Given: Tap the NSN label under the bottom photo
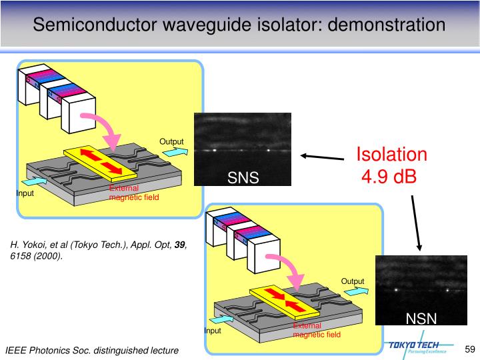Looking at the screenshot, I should (423, 319).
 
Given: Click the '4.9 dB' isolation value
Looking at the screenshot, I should (389, 177).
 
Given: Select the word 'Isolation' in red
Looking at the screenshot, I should (391, 154).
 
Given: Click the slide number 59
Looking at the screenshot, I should (469, 349).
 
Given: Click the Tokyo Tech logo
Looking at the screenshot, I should (419, 347).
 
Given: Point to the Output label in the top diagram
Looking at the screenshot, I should (171, 141).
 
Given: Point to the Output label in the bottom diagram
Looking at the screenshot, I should (353, 281).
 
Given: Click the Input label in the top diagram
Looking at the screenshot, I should (25, 194).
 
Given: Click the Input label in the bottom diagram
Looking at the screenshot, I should (212, 331).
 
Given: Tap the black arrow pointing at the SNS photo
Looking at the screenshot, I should (323, 157).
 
